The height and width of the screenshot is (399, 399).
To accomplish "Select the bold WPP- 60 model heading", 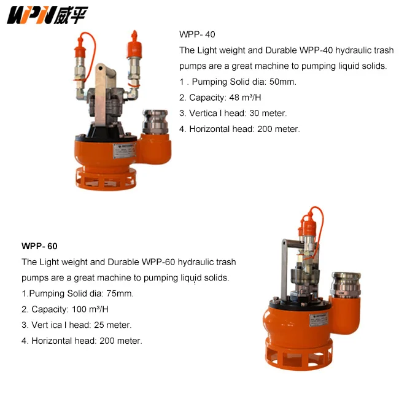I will [39, 246].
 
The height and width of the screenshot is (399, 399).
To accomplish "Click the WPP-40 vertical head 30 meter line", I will [233, 113].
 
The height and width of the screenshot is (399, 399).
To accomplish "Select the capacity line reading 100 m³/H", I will [69, 309].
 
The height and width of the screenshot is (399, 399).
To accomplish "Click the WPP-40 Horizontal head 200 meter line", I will [239, 129].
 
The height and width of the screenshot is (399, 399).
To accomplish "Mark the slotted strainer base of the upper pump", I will [103, 177].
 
